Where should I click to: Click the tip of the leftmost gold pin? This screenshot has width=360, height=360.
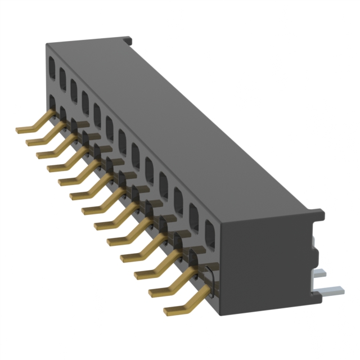19,130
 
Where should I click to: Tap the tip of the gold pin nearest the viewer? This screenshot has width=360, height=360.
167,311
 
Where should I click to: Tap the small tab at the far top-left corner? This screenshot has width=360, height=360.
129,41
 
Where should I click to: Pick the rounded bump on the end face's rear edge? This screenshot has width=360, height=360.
315,247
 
